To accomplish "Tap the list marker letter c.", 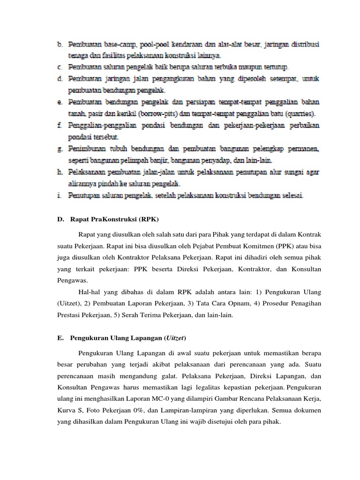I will tap(60, 67).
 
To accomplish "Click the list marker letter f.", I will tap(60, 126).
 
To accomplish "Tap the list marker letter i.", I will tap(60, 195).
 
